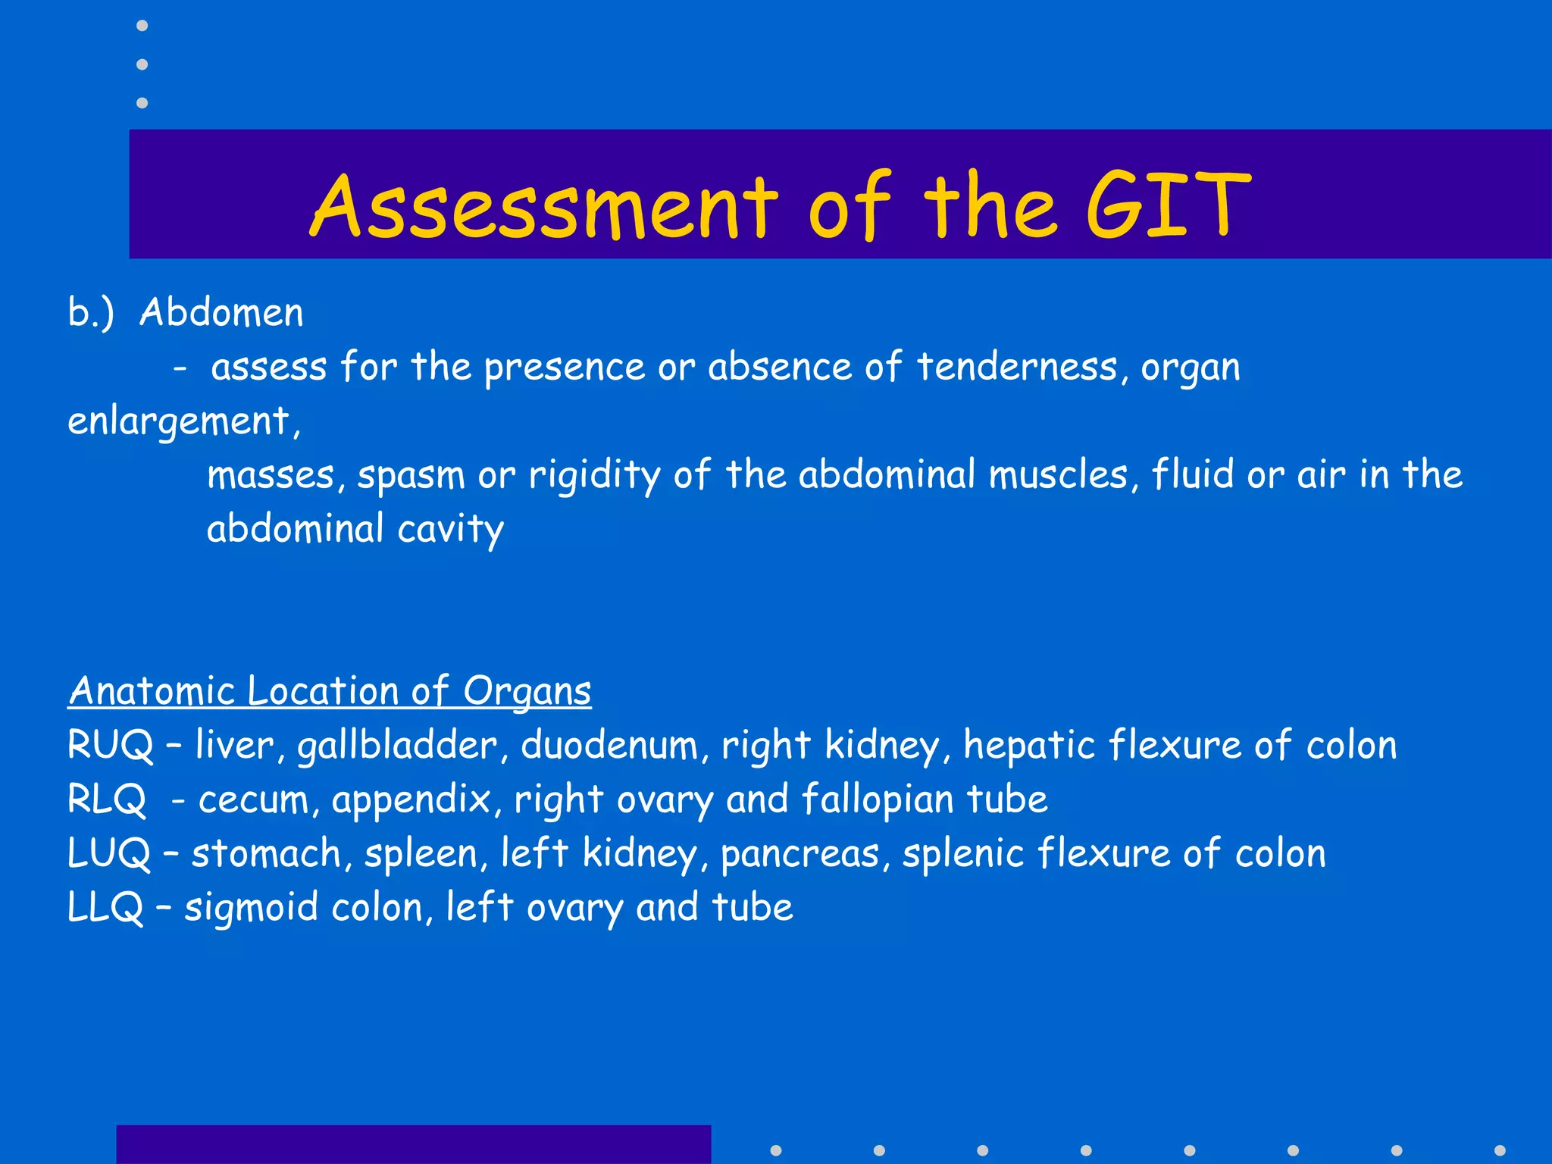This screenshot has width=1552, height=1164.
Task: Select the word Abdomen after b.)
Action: [x=221, y=312]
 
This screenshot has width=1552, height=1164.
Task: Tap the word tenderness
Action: [x=1017, y=367]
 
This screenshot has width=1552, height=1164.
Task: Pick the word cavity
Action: [x=450, y=529]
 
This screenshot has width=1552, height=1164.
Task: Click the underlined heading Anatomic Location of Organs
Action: [x=330, y=691]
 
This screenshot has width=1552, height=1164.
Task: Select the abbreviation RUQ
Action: [x=111, y=745]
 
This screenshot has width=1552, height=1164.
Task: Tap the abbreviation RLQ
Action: [x=107, y=799]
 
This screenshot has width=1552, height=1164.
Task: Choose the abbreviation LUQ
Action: [x=109, y=853]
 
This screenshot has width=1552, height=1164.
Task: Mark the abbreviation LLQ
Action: [x=105, y=908]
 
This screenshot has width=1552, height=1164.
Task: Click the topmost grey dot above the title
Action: [x=142, y=26]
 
